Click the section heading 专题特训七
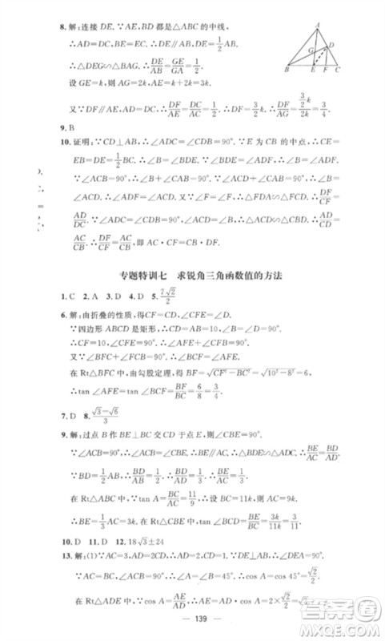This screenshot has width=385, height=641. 141,276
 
